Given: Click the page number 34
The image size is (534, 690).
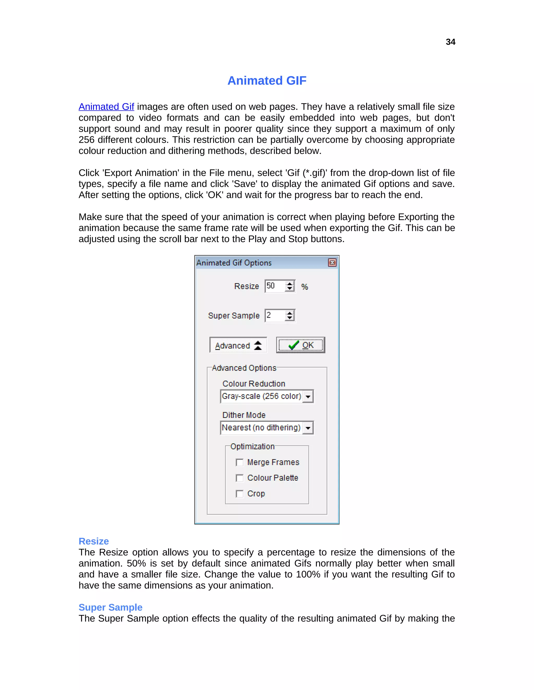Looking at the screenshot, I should [450, 42].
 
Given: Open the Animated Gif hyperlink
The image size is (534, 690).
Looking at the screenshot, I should [106, 107].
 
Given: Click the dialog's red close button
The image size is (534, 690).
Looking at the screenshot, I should [332, 262].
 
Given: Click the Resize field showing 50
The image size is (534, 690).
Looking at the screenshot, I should [274, 286].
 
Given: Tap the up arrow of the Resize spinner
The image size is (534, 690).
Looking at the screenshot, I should [289, 284].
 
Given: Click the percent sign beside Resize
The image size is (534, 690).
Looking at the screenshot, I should [304, 287].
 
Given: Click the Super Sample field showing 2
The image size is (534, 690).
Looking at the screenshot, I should [274, 316].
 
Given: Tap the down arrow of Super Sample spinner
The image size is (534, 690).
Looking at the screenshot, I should [289, 318].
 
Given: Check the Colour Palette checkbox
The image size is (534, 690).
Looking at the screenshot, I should [239, 478].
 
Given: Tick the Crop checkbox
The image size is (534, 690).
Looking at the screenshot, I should [239, 494].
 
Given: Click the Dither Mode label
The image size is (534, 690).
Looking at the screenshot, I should [244, 415].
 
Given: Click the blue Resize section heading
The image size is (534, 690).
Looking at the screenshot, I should [94, 541].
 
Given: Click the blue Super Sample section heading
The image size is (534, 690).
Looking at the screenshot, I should [110, 607].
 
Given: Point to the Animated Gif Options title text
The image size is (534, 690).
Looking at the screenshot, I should [234, 263].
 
